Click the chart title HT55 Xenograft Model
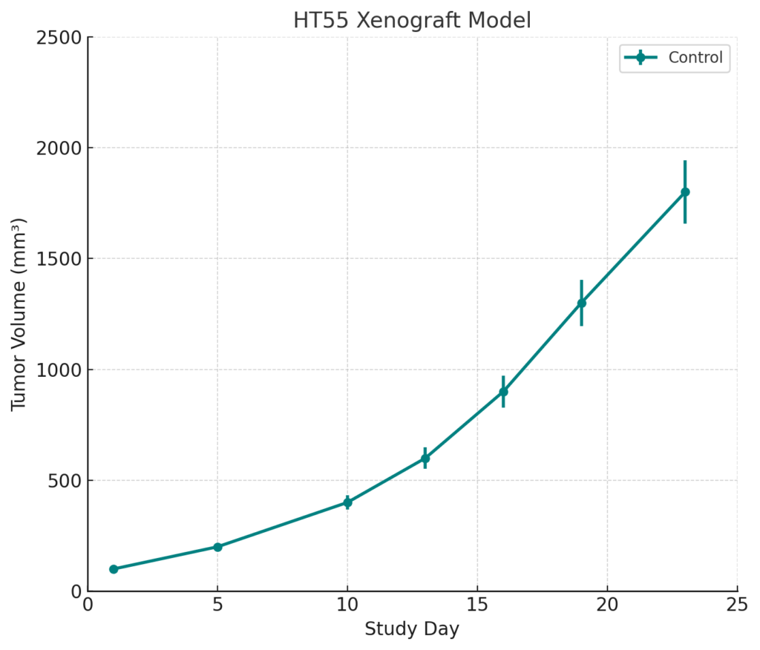412,20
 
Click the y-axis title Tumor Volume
19,314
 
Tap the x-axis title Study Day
412,629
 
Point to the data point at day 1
114,569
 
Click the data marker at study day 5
217,547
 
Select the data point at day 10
347,502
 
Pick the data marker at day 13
425,459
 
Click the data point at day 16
503,392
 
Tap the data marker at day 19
581,303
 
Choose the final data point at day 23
685,192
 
